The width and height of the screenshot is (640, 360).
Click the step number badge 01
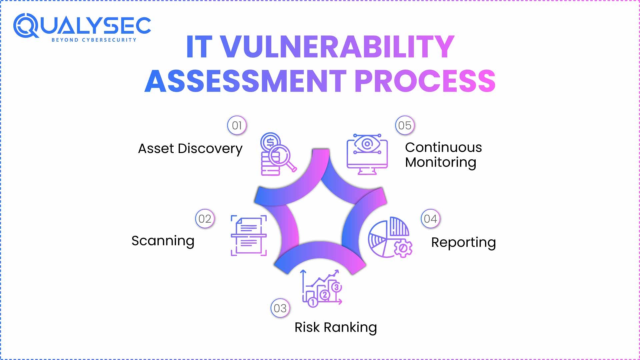click(x=237, y=126)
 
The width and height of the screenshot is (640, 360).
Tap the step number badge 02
click(x=205, y=219)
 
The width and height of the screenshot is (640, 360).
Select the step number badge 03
click(x=280, y=308)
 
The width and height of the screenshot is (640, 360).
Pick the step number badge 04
click(x=430, y=219)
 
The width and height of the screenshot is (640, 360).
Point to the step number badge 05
click(x=405, y=126)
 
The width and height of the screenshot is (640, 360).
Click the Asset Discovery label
click(x=190, y=149)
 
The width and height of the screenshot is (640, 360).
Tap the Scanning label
click(x=163, y=241)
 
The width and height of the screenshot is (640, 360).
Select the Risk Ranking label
click(x=335, y=327)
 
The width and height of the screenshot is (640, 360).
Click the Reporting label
click(x=463, y=243)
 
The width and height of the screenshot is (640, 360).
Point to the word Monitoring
click(x=440, y=163)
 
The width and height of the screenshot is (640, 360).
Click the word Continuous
click(x=443, y=147)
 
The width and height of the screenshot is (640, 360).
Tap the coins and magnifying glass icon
click(x=277, y=154)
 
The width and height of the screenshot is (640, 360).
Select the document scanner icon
click(x=249, y=235)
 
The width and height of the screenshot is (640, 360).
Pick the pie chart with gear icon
click(x=389, y=237)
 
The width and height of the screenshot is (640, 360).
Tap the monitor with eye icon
click(x=367, y=154)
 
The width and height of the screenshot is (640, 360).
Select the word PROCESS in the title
click(x=425, y=81)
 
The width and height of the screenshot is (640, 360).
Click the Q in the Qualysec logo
click(x=26, y=25)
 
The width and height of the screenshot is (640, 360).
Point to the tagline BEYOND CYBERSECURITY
click(x=94, y=40)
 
